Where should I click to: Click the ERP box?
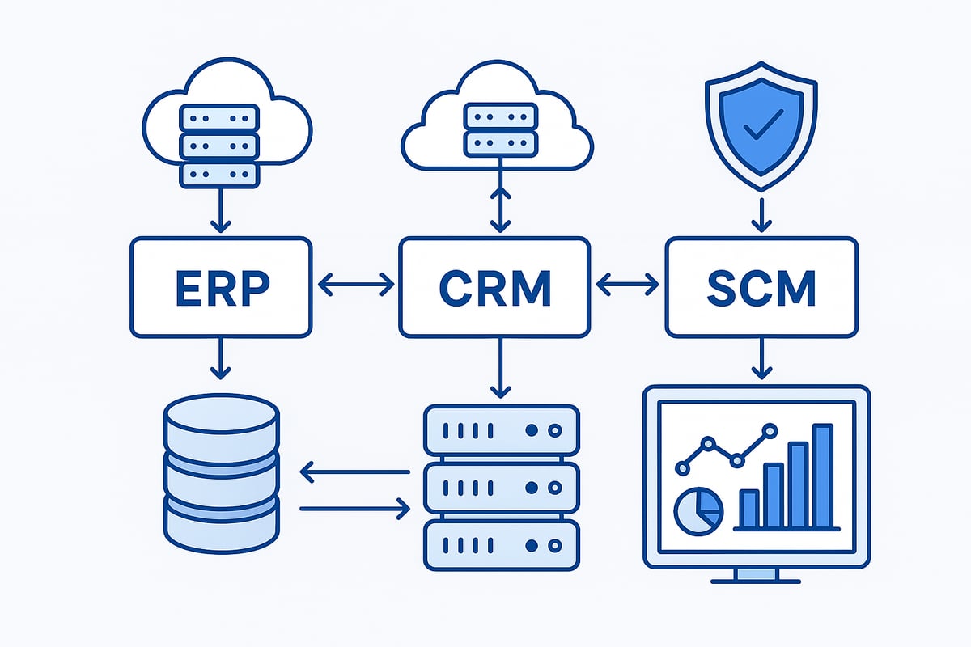click(221, 286)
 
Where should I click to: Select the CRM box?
click(494, 286)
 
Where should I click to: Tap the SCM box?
click(760, 286)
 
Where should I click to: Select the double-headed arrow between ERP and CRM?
click(355, 284)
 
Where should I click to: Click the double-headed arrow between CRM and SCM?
click(627, 284)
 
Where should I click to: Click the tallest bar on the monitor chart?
click(822, 477)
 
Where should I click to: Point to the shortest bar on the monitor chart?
click(749, 509)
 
